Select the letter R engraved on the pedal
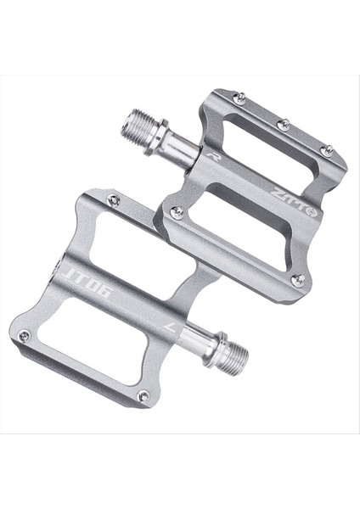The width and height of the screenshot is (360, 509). [x=209, y=155]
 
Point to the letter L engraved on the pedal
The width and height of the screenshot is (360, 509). [x=170, y=325]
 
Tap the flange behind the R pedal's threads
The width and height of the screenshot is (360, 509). [x=160, y=136]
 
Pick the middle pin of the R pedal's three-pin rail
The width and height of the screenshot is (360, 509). [x=283, y=125]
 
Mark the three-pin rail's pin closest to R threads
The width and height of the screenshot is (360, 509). [x=240, y=99]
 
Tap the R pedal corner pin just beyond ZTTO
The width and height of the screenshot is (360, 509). [x=297, y=279]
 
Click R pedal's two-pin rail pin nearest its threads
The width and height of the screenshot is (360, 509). [x=177, y=213]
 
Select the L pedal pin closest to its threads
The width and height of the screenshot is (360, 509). [x=143, y=395]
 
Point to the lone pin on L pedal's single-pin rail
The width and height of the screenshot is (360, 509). [x=113, y=200]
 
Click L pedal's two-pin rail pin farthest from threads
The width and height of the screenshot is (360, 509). [x=24, y=336]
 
